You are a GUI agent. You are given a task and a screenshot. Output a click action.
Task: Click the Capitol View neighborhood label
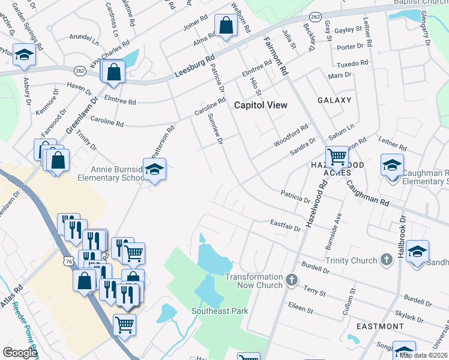(x=260, y=105)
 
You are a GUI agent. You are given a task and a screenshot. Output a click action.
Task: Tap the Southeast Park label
(x=220, y=311)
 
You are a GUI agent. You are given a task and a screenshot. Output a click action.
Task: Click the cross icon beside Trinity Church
(x=386, y=260)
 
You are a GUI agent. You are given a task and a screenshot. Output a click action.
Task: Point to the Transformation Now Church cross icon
(x=291, y=280)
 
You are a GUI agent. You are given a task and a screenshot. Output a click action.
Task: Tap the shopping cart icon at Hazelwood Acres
(x=337, y=157)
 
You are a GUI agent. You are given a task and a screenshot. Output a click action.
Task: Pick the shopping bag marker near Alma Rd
(x=225, y=26)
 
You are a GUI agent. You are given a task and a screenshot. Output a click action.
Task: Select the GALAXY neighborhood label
(x=334, y=100)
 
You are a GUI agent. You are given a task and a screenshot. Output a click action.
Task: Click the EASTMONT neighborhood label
(x=380, y=326)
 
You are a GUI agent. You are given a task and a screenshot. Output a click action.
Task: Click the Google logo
(x=20, y=353)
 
